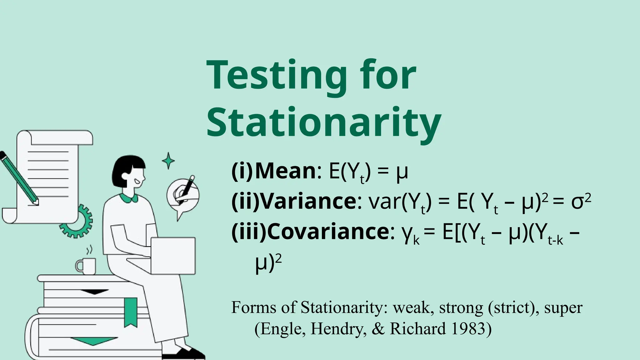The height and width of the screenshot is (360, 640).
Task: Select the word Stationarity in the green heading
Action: (324, 123)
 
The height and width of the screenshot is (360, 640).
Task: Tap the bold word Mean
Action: (286, 171)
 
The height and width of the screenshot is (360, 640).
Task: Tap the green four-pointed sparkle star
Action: (168, 161)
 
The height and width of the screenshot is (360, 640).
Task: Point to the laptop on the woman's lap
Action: (173, 256)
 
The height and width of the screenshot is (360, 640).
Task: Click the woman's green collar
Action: (128, 197)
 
